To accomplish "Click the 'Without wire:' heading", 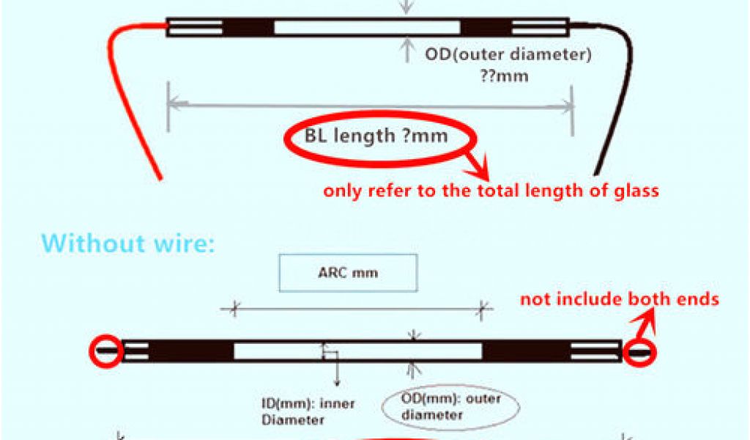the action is (x=129, y=243).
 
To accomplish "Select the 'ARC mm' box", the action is (x=348, y=273).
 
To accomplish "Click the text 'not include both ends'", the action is (x=620, y=298).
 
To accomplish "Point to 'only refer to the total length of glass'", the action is (x=491, y=191).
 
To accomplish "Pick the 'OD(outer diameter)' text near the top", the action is (x=508, y=54).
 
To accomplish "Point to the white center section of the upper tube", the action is (x=367, y=27).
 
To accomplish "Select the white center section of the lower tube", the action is (x=357, y=351).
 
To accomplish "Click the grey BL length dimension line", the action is (x=370, y=105).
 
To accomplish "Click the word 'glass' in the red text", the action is (x=638, y=191).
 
